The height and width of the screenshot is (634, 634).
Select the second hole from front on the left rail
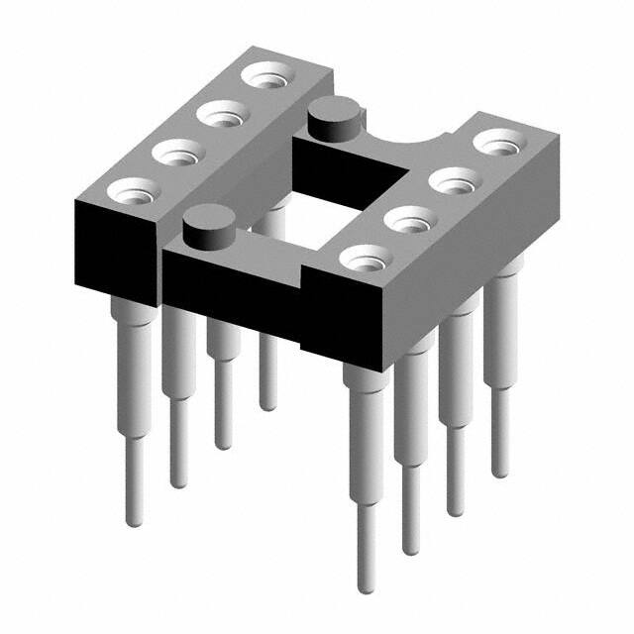175,152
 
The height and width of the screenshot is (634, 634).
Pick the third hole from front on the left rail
220,114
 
